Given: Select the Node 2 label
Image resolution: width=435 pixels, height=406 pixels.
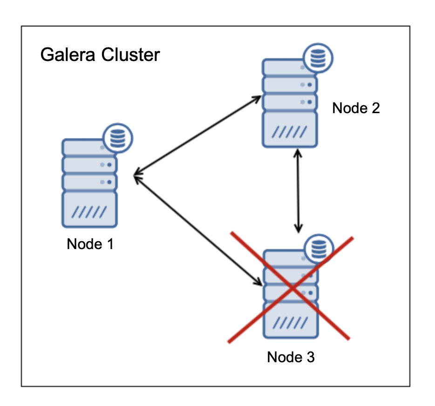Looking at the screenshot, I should coord(356,108).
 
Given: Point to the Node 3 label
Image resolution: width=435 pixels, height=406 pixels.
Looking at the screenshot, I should coord(291,357).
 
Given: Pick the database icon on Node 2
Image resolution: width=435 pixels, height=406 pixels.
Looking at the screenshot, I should coord(318,58).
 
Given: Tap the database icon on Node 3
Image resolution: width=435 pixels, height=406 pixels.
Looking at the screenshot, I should coord(319,249).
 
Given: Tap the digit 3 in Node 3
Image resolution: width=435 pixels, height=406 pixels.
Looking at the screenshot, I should coord(310,357).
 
